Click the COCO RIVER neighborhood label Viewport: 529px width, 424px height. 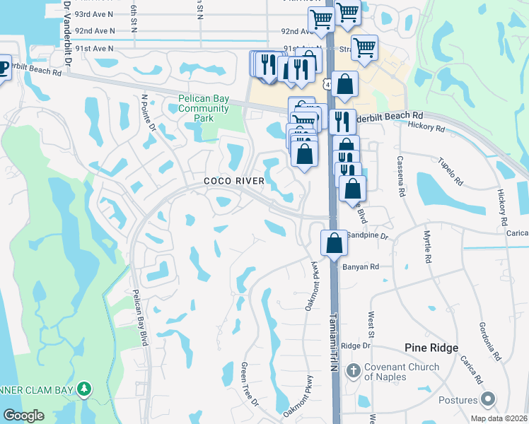click(x=234, y=182)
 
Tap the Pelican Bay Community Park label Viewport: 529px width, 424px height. click(x=204, y=109)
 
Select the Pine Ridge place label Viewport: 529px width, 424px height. click(x=431, y=348)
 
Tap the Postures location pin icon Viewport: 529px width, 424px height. click(x=486, y=401)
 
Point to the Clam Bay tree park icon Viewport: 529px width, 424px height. click(x=85, y=389)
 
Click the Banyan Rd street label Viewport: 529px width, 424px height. click(x=361, y=267)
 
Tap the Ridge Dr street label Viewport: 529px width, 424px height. click(x=356, y=346)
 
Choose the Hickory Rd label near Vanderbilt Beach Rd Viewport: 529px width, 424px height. click(x=426, y=128)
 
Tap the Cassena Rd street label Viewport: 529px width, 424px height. click(x=400, y=177)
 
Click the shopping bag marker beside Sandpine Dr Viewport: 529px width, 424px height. click(x=334, y=242)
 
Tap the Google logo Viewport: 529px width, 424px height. click(x=23, y=416)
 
